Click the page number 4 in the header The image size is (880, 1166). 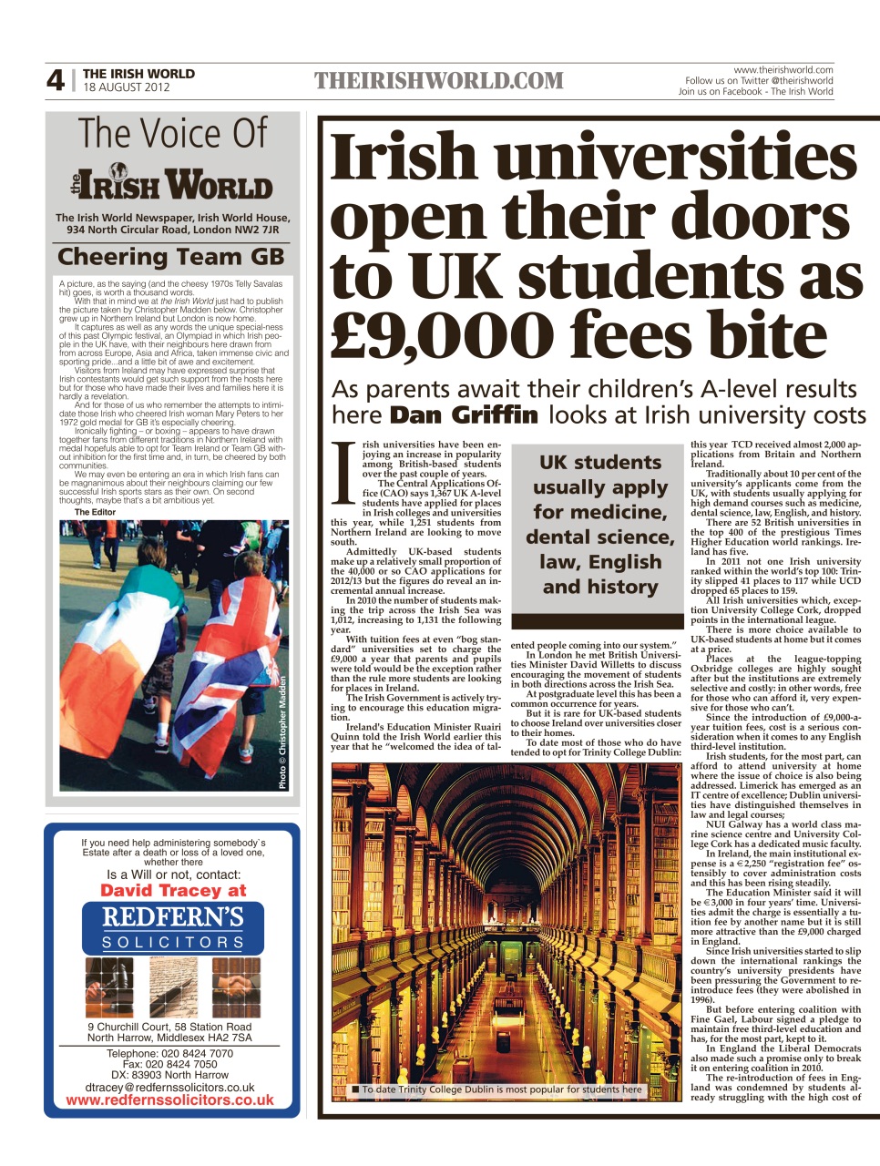tap(56, 81)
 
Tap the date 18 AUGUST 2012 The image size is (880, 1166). tap(127, 87)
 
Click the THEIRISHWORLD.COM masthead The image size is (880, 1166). tap(439, 81)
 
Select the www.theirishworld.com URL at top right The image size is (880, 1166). tap(783, 69)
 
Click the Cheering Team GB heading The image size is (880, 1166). tap(171, 258)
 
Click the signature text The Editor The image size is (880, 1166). tap(95, 512)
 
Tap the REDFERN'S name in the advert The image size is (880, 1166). tap(172, 916)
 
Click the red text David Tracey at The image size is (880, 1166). tap(173, 890)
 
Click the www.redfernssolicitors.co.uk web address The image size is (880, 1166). tap(169, 1100)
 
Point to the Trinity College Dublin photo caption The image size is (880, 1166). tap(501, 1089)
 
